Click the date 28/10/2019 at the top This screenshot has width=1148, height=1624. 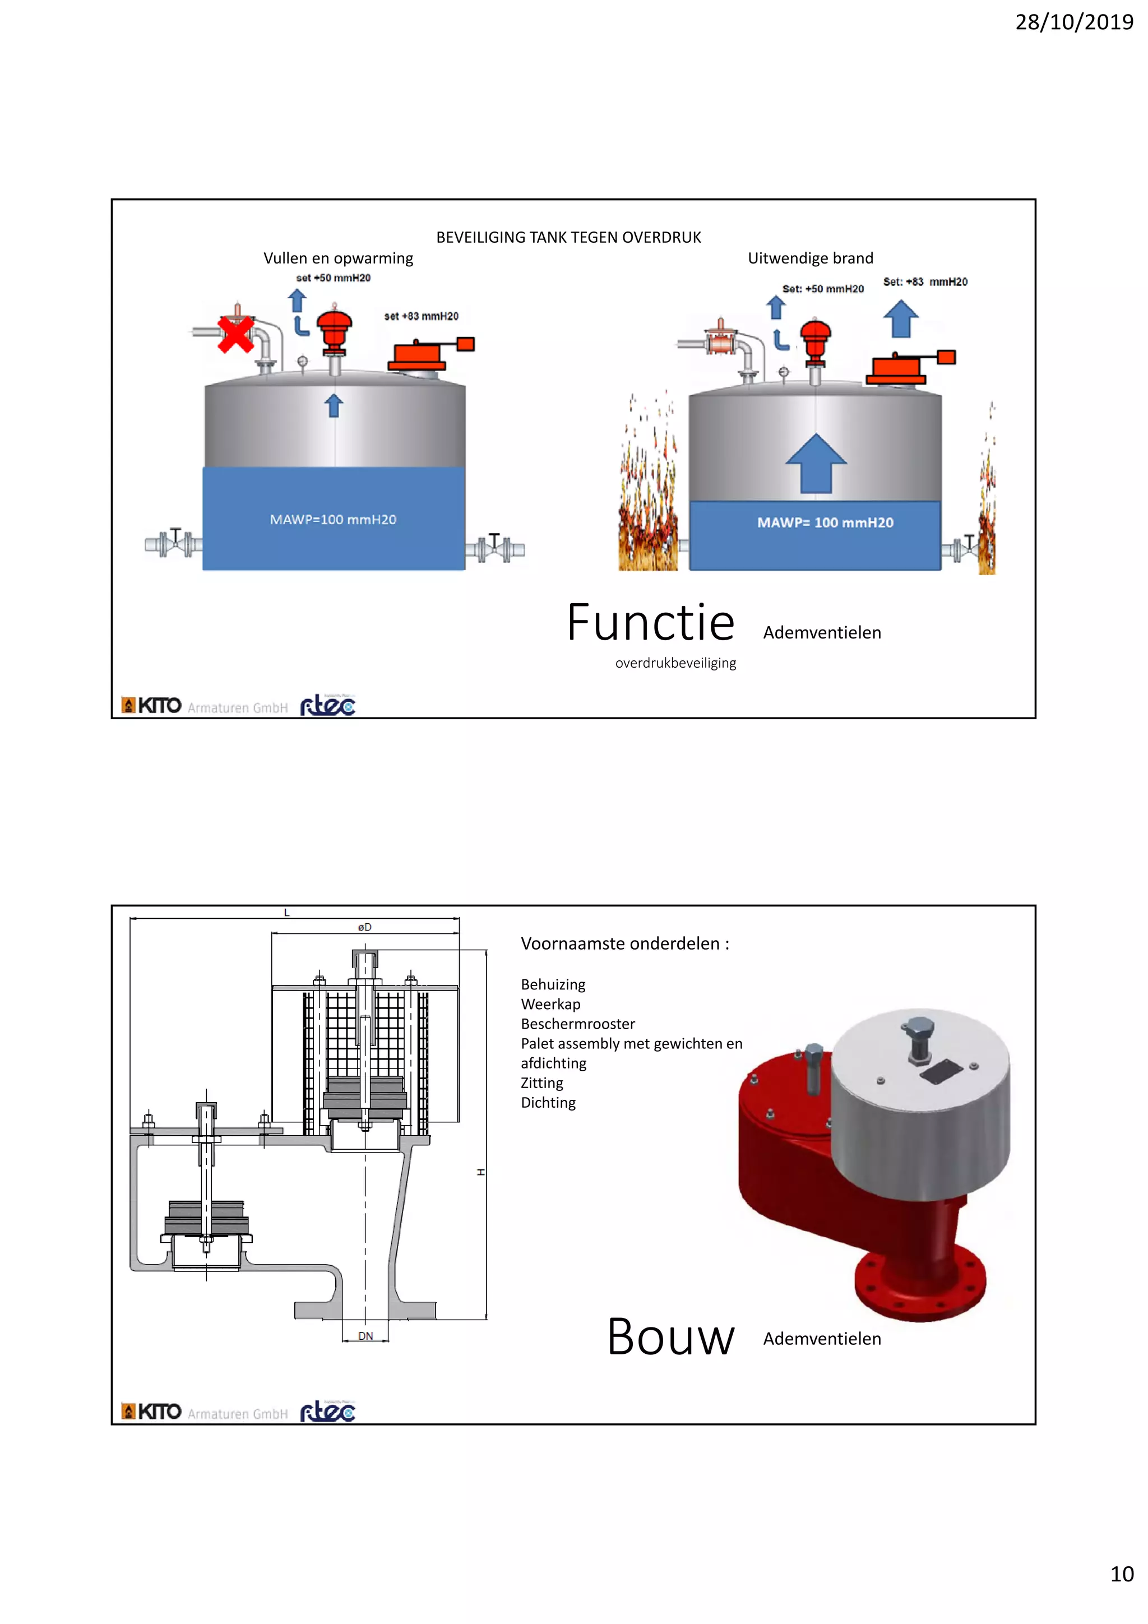pos(1074,22)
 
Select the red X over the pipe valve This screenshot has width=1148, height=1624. pos(235,334)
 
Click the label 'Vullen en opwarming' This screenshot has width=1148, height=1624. pos(338,258)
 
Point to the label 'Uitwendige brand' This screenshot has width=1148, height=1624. pos(811,258)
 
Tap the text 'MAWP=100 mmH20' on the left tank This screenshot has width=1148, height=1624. pos(333,520)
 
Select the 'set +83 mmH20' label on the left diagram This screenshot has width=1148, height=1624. pos(421,316)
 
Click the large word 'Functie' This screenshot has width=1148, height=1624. pos(651,623)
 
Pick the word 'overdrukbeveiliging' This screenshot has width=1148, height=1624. pos(675,663)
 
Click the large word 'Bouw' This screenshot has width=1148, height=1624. pos(670,1338)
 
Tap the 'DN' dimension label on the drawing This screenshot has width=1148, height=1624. pos(365,1336)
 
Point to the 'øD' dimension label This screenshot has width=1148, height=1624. pos(364,927)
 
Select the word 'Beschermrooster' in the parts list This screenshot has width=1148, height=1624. pos(578,1024)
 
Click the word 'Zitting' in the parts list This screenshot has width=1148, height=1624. pos(542,1083)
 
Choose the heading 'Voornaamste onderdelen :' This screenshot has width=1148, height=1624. pos(624,943)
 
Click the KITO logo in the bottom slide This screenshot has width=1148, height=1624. pos(152,1412)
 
